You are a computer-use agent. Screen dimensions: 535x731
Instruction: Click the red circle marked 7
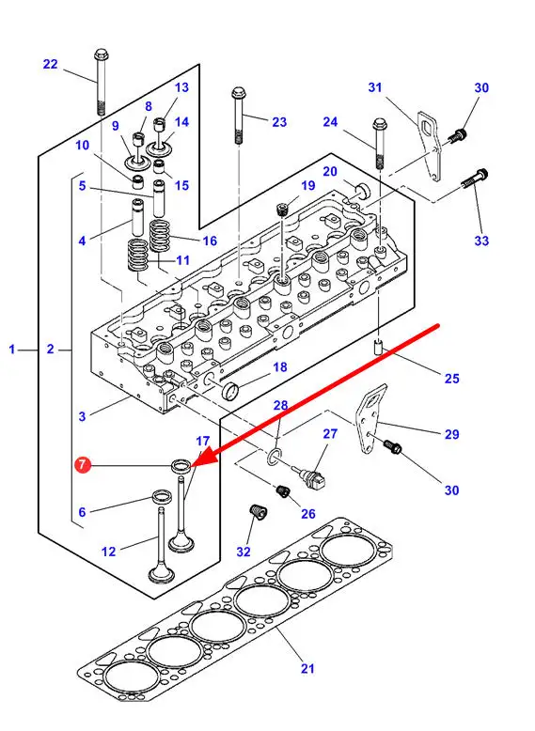(x=82, y=464)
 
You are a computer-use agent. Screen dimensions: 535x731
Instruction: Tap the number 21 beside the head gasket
(x=307, y=669)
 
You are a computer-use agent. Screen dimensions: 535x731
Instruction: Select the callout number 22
(x=51, y=64)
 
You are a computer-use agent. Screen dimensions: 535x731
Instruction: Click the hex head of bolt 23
(x=238, y=92)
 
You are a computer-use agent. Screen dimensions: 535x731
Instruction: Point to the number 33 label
(x=481, y=241)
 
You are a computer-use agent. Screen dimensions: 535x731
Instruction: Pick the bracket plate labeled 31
(x=431, y=147)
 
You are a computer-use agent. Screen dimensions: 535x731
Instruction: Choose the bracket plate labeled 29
(x=371, y=418)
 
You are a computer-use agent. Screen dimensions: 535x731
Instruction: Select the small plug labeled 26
(x=283, y=490)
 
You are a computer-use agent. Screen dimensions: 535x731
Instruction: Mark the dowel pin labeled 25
(x=378, y=348)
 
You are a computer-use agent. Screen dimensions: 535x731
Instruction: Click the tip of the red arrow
(x=191, y=467)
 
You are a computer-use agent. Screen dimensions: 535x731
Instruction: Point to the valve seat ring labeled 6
(x=162, y=497)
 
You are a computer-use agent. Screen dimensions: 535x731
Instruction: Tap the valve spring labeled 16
(x=160, y=236)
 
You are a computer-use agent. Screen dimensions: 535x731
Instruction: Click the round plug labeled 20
(x=362, y=191)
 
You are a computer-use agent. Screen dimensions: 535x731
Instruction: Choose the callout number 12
(x=108, y=552)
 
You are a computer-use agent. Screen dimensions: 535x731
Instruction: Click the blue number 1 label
(x=12, y=349)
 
